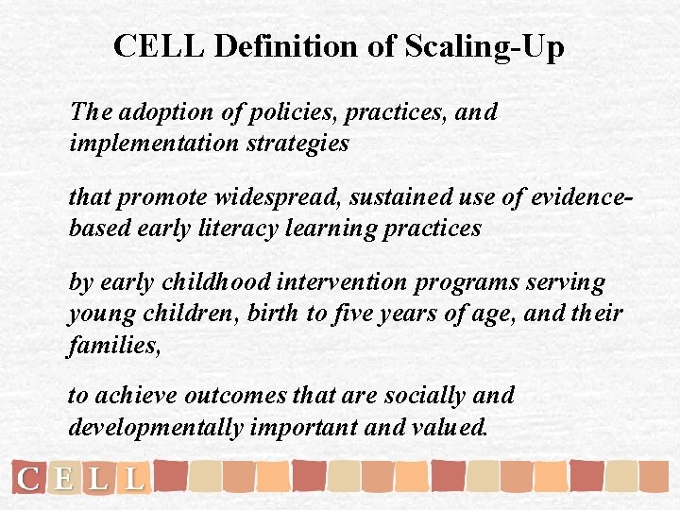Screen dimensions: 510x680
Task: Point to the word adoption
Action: pyautogui.click(x=145, y=111)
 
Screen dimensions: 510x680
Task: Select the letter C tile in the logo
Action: pyautogui.click(x=29, y=479)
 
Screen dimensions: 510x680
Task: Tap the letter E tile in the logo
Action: pyautogui.click(x=63, y=479)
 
